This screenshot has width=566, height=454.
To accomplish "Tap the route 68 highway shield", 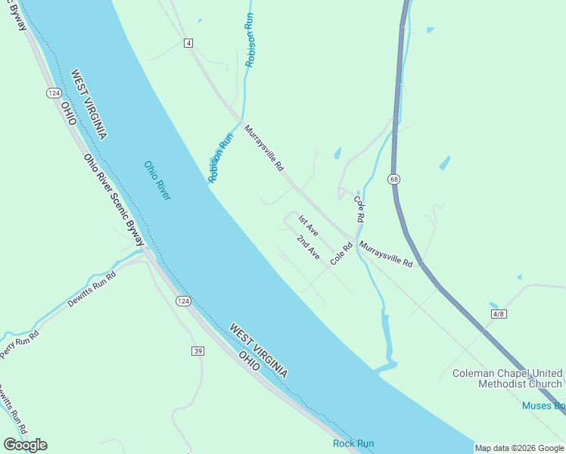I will [x=394, y=179].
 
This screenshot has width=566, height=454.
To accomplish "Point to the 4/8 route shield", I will [x=497, y=313].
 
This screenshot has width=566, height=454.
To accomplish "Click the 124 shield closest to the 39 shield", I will [x=183, y=301].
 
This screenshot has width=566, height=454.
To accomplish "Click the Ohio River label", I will [x=157, y=180].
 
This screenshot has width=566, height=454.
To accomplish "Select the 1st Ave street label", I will [x=308, y=225].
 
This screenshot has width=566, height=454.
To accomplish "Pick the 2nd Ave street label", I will [x=308, y=248].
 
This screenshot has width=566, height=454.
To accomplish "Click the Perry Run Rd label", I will [x=18, y=342].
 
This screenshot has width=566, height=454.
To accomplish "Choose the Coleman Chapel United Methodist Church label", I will [x=508, y=378].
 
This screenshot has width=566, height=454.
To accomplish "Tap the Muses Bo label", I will [x=543, y=406].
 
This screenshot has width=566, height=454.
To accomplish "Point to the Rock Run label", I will [x=353, y=443].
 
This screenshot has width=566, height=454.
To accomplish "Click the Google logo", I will [x=25, y=444].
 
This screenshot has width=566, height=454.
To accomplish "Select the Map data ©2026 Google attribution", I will [x=519, y=448].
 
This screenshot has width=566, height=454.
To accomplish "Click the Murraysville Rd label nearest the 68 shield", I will [x=386, y=254].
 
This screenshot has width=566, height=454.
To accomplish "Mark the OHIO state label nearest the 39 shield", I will [x=249, y=360].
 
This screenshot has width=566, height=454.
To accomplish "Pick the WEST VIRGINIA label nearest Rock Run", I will [x=258, y=350].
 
